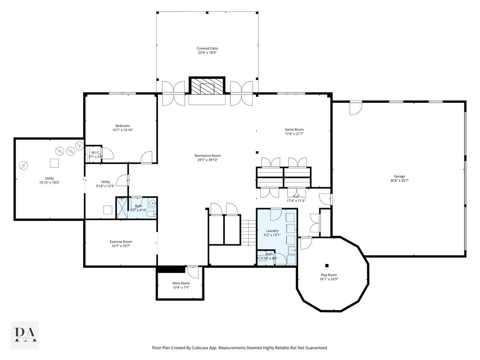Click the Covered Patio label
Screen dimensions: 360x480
tap(207, 48)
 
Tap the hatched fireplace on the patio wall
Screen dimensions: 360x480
tap(207, 86)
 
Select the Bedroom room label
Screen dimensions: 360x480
tap(123, 126)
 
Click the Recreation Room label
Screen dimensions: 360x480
tap(207, 156)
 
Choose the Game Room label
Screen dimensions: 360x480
tap(294, 129)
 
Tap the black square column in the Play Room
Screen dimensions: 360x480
tap(327, 265)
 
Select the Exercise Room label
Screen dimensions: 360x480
tap(121, 242)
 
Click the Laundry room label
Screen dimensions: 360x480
tap(272, 231)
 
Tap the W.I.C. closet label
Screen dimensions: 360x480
tap(95, 152)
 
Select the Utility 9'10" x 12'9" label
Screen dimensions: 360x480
tap(105, 182)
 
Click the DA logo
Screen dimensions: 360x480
tap(25, 335)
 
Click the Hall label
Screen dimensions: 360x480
tap(296, 196)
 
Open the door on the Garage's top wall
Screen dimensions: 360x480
tap(355, 108)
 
